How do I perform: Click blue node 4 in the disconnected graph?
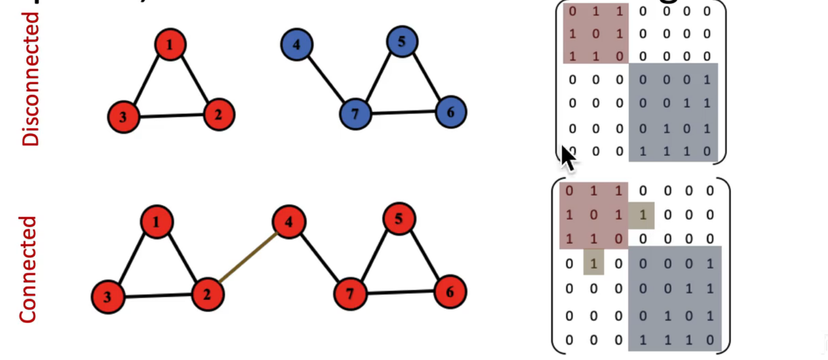click(x=296, y=45)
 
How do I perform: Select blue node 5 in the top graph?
click(x=402, y=41)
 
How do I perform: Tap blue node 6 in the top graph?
click(x=451, y=112)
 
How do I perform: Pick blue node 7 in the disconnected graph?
click(x=355, y=113)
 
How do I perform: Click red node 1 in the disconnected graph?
click(x=170, y=45)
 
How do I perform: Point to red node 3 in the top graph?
click(x=123, y=117)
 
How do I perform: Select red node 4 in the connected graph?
click(x=289, y=222)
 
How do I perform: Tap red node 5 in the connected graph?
click(x=399, y=219)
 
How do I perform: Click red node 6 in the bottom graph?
click(x=450, y=292)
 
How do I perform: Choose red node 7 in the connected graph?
click(x=350, y=294)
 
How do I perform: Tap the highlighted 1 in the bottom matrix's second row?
click(x=642, y=215)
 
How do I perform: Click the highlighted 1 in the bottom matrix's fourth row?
click(x=593, y=263)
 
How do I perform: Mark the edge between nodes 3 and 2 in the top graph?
click(x=171, y=116)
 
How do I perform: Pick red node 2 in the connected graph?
click(x=207, y=295)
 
